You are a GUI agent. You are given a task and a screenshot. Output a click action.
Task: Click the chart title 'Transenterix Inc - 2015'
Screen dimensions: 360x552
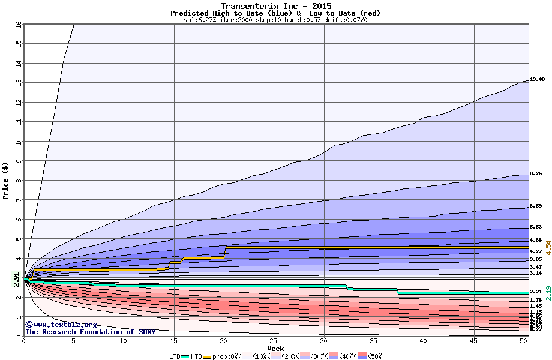click(276, 6)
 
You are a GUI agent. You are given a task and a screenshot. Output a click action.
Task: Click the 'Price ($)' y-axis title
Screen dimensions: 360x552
click(6, 181)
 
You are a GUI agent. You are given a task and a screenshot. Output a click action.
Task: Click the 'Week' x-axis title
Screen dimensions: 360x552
click(275, 349)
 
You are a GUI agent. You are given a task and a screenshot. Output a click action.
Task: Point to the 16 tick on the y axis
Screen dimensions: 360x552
click(18, 25)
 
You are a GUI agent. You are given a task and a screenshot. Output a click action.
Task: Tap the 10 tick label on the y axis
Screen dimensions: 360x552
click(18, 142)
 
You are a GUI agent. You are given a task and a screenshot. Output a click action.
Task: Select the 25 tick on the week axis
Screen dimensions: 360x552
click(274, 341)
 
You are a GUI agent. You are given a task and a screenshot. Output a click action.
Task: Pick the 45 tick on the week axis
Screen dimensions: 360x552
click(474, 341)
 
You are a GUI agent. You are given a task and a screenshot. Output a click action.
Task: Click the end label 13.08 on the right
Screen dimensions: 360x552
click(537, 79)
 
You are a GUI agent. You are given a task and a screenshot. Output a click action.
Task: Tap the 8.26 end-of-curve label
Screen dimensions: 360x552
click(536, 173)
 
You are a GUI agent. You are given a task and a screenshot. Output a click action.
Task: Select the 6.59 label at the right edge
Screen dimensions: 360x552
click(536, 206)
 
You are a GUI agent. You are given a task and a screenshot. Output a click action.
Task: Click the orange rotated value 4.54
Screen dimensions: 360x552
click(548, 248)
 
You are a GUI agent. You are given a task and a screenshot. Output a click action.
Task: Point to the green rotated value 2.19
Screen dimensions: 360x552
click(548, 292)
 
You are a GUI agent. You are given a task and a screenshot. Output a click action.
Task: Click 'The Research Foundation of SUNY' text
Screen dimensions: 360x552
click(90, 332)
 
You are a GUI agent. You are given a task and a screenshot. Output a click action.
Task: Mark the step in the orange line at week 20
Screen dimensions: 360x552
click(224, 251)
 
